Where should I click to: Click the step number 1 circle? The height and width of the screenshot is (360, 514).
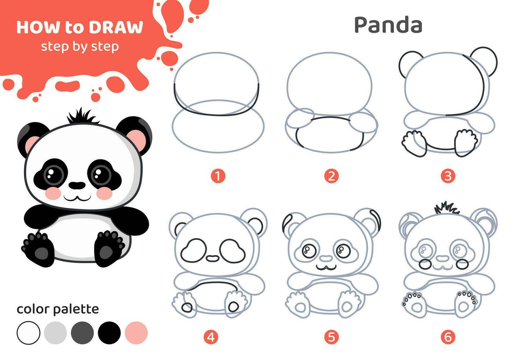(218, 176)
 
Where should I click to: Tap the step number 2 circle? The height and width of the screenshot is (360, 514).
(331, 176)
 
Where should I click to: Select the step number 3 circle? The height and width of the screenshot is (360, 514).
(448, 176)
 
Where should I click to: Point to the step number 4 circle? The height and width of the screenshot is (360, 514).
(210, 336)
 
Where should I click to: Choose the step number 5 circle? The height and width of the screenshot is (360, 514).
(331, 336)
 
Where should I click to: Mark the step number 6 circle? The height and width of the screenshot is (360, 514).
(448, 336)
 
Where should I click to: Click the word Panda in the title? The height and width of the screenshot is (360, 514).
(388, 25)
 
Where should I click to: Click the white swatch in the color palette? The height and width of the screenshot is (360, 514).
(28, 333)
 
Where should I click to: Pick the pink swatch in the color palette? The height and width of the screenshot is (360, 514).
(136, 333)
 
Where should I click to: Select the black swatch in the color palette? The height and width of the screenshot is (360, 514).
(109, 333)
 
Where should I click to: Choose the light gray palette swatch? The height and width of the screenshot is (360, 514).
(55, 333)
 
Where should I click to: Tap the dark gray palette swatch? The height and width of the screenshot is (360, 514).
(83, 333)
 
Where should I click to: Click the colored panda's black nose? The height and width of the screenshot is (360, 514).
(77, 185)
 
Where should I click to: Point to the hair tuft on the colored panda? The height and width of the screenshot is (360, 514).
(82, 117)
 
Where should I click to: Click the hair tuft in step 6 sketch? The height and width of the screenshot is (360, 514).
(446, 208)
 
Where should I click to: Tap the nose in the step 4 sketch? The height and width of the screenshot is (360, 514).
(212, 258)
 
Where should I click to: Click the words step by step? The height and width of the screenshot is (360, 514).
(80, 47)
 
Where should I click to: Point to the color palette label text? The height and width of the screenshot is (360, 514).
(58, 309)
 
